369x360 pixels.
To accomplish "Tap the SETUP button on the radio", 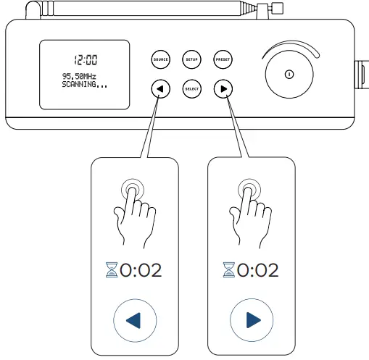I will pos(192,59).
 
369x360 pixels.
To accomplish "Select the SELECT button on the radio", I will pos(192,89).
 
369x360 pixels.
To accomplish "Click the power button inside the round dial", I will pos(289,74).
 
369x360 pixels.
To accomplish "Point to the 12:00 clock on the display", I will pos(86,59).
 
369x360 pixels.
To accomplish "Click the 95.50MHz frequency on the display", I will pos(79,75).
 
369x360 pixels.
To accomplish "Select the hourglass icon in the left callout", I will pos(112,271).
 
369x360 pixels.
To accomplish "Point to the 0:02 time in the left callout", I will pos(141,271).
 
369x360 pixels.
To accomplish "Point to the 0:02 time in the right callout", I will pos(258,271).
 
